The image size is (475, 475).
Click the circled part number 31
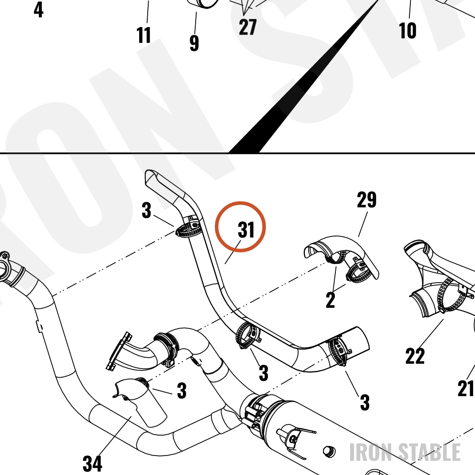(x=246, y=229)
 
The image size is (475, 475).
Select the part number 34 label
(x=93, y=463)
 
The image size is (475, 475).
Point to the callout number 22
(x=415, y=356)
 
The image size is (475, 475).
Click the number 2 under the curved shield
(x=331, y=300)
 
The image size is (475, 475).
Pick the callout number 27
(x=247, y=27)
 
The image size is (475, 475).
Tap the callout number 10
(x=408, y=30)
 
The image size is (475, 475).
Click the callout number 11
(x=143, y=35)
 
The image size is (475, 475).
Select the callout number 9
(x=194, y=43)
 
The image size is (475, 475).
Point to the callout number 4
(x=38, y=9)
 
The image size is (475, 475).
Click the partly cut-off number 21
(x=466, y=388)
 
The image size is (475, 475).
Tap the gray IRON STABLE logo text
(x=405, y=452)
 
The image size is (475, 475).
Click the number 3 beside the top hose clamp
(x=146, y=210)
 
